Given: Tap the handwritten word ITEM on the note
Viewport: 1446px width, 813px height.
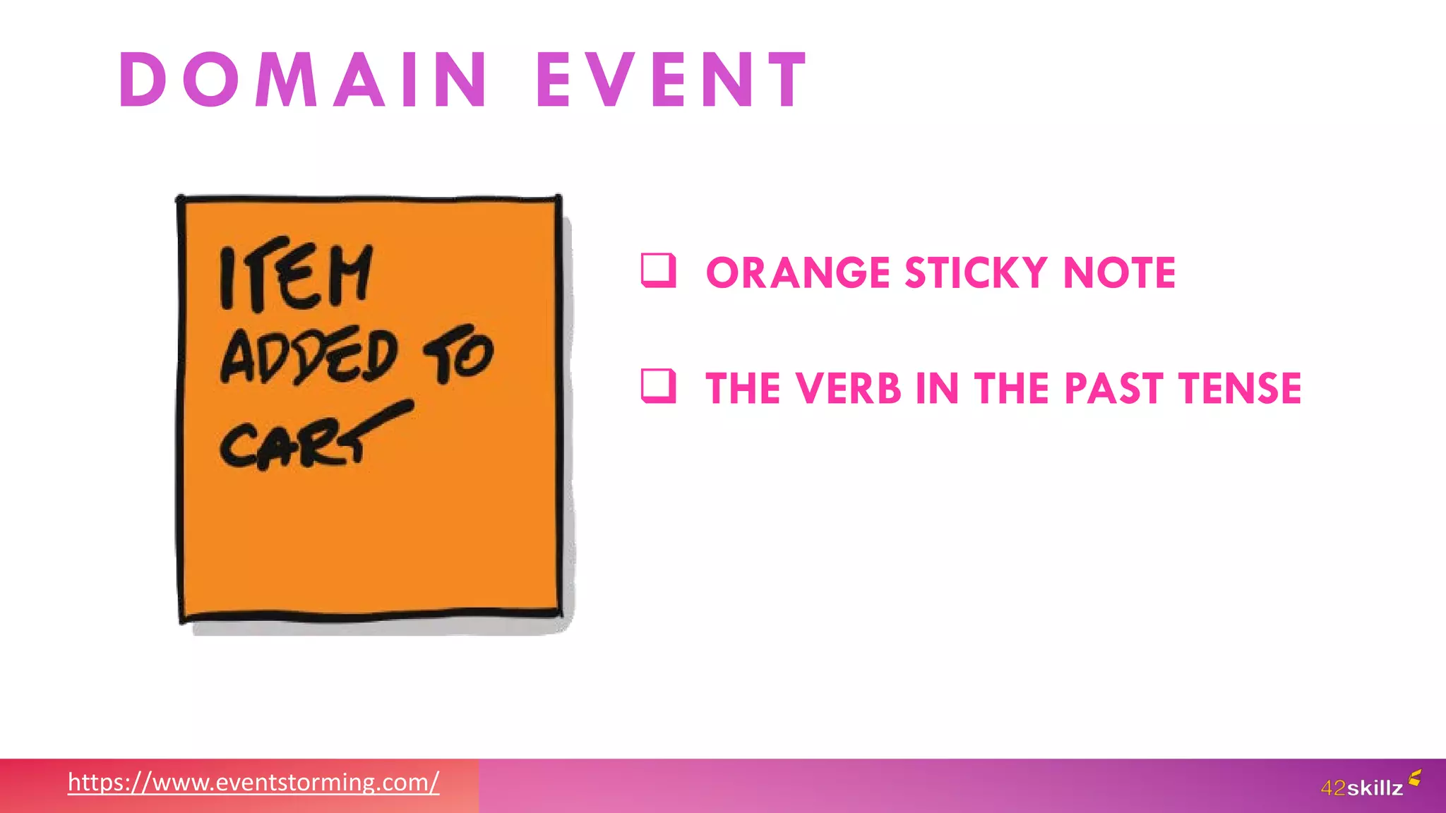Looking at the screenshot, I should click(x=295, y=276).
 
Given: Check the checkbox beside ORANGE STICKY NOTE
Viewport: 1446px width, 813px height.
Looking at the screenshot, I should click(x=658, y=270).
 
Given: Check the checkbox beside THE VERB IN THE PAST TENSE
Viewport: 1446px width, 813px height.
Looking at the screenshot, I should click(x=658, y=385).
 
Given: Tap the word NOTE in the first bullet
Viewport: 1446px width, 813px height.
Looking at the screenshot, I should click(x=1119, y=273).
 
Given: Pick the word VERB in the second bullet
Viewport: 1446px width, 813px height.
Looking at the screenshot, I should click(x=848, y=388).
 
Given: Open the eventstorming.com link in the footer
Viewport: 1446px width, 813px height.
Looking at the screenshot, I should click(x=253, y=782).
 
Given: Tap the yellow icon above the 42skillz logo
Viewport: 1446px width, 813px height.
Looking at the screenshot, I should click(x=1414, y=778).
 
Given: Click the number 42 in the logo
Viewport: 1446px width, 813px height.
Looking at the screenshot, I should click(x=1333, y=788).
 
